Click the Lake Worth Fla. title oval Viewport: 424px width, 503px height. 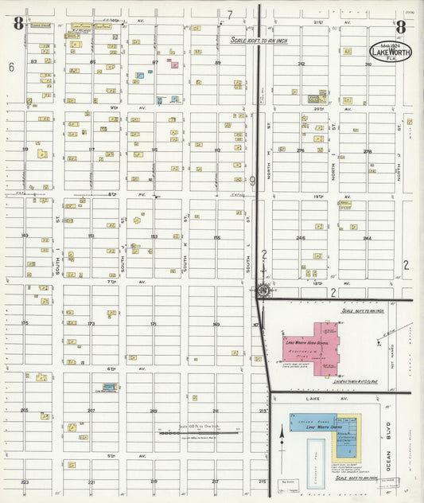[390, 50]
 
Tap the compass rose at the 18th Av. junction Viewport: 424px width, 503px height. [263, 290]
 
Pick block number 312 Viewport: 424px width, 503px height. [301, 64]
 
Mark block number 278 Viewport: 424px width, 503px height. [367, 150]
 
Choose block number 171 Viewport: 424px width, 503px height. [153, 323]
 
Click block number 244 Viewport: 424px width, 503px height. [367, 237]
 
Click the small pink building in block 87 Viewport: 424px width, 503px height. [174, 64]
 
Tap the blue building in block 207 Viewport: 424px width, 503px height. [109, 386]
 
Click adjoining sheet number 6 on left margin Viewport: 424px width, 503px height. [12, 68]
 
